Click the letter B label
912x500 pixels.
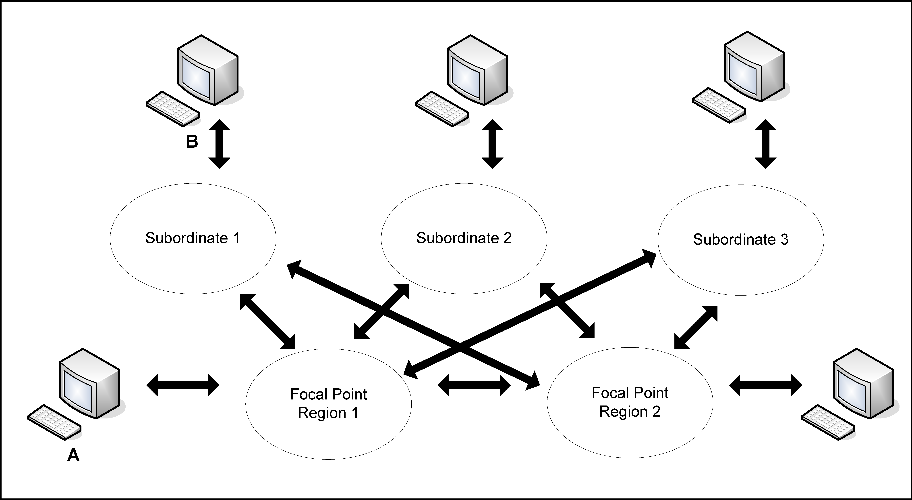pos(192,141)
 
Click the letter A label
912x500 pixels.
pos(73,455)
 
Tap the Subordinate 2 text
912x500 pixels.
pos(464,238)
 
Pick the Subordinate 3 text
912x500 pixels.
pos(741,239)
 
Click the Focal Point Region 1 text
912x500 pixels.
pos(329,404)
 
